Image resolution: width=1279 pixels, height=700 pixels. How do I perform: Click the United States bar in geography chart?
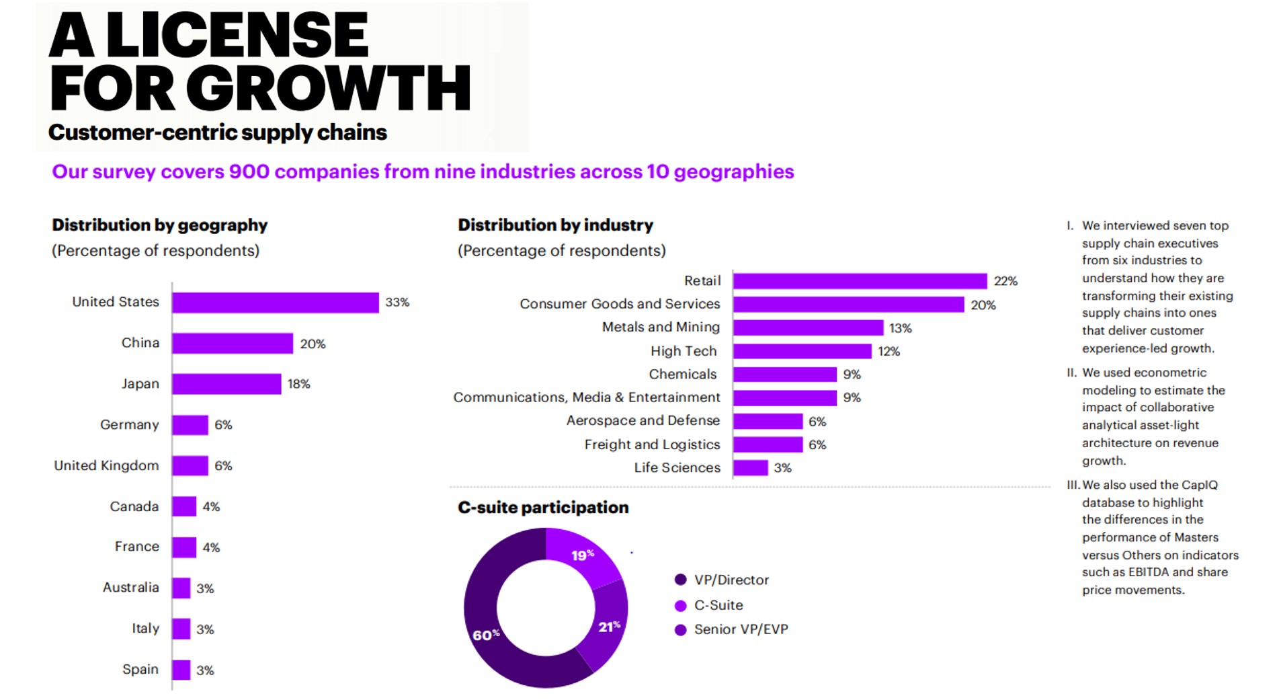click(x=275, y=303)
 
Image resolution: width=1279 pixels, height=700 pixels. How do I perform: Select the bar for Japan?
click(x=226, y=384)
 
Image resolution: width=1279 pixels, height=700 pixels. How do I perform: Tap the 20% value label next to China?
click(x=313, y=344)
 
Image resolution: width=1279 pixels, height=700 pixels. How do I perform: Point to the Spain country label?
click(x=140, y=670)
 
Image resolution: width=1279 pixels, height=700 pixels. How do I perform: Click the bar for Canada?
click(x=184, y=506)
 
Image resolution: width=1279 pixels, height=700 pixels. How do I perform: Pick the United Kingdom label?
click(x=106, y=465)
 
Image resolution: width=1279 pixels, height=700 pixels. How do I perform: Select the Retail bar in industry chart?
click(x=860, y=281)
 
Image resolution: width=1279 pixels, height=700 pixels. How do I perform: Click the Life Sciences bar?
click(x=750, y=468)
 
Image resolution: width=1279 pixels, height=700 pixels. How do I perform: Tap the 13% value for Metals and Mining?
click(x=900, y=328)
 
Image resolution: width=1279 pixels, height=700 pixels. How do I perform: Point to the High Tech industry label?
click(x=684, y=351)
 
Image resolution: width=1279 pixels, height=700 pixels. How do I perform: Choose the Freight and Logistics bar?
click(x=768, y=444)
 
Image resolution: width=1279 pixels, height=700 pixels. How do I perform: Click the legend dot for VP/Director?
click(x=680, y=580)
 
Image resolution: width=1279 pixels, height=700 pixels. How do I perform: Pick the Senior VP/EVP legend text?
click(x=741, y=629)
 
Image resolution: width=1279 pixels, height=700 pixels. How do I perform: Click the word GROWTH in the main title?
click(x=328, y=88)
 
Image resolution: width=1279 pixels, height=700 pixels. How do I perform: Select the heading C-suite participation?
click(x=543, y=508)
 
